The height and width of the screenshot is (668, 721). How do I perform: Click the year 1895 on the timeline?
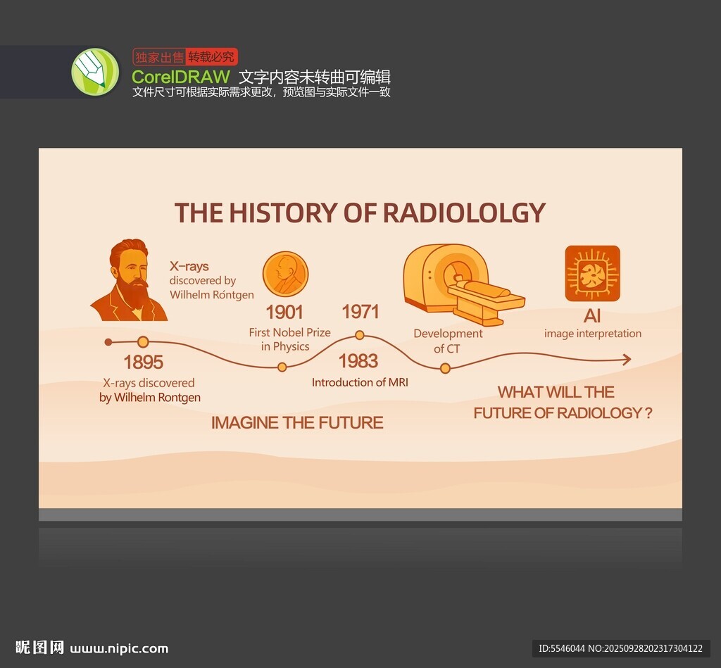coord(144,363)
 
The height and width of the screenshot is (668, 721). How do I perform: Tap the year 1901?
coord(284,312)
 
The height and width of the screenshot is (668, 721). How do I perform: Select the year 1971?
coord(360,312)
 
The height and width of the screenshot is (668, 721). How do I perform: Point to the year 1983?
coord(358,361)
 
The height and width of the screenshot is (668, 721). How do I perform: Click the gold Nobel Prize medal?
coord(285,274)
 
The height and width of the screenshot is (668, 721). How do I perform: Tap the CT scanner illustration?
coord(463,284)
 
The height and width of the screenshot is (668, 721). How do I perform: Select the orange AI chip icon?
coord(592,274)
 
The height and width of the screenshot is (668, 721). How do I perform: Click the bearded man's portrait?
coord(130,280)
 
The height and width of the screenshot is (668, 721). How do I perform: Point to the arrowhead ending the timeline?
coord(627,360)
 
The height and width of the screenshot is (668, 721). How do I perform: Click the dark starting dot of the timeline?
coord(108,342)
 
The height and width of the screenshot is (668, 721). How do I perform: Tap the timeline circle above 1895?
coord(143,341)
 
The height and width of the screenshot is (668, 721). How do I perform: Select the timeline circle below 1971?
coord(360,335)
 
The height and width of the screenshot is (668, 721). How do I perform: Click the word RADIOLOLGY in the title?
coord(464,213)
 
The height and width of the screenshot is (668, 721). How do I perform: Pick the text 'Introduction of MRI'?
coord(360,382)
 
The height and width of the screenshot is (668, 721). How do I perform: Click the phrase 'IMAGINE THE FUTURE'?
coord(297,422)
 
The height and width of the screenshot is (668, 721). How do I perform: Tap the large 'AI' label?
coord(592,316)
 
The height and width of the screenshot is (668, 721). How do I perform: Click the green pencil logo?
coord(95,72)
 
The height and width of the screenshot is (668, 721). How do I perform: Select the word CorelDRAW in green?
coord(181,76)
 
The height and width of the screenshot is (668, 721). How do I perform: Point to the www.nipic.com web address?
coord(119,649)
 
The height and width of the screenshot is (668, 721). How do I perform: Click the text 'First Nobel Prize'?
coord(289,332)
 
